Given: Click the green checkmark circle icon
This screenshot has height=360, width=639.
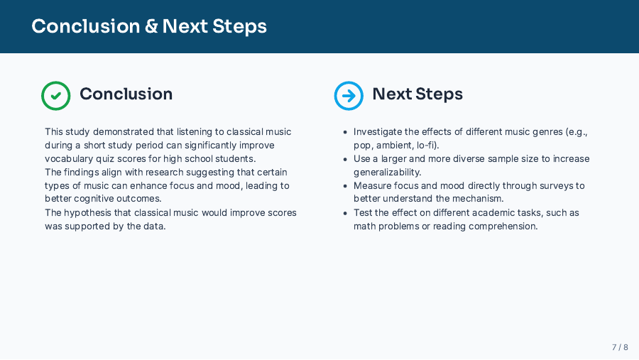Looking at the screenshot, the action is (56, 96).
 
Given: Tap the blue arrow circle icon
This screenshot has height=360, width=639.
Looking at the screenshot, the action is (349, 96).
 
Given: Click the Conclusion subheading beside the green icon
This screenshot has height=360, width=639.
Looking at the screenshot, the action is (126, 94).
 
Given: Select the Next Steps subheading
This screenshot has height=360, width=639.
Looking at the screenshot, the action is (417, 94).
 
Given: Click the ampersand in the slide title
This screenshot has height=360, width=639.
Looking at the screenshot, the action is (151, 26).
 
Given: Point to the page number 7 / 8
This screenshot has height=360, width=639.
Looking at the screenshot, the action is (620, 347).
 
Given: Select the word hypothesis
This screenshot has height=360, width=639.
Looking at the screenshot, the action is (87, 213).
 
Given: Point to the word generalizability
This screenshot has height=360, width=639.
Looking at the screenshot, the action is (387, 173).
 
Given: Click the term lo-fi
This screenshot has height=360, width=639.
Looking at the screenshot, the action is (427, 146).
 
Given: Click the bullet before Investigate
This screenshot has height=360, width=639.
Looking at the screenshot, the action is (345, 132).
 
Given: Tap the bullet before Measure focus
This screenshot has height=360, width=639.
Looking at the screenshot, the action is (345, 186).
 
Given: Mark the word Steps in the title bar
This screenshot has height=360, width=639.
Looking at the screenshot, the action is (240, 27).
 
